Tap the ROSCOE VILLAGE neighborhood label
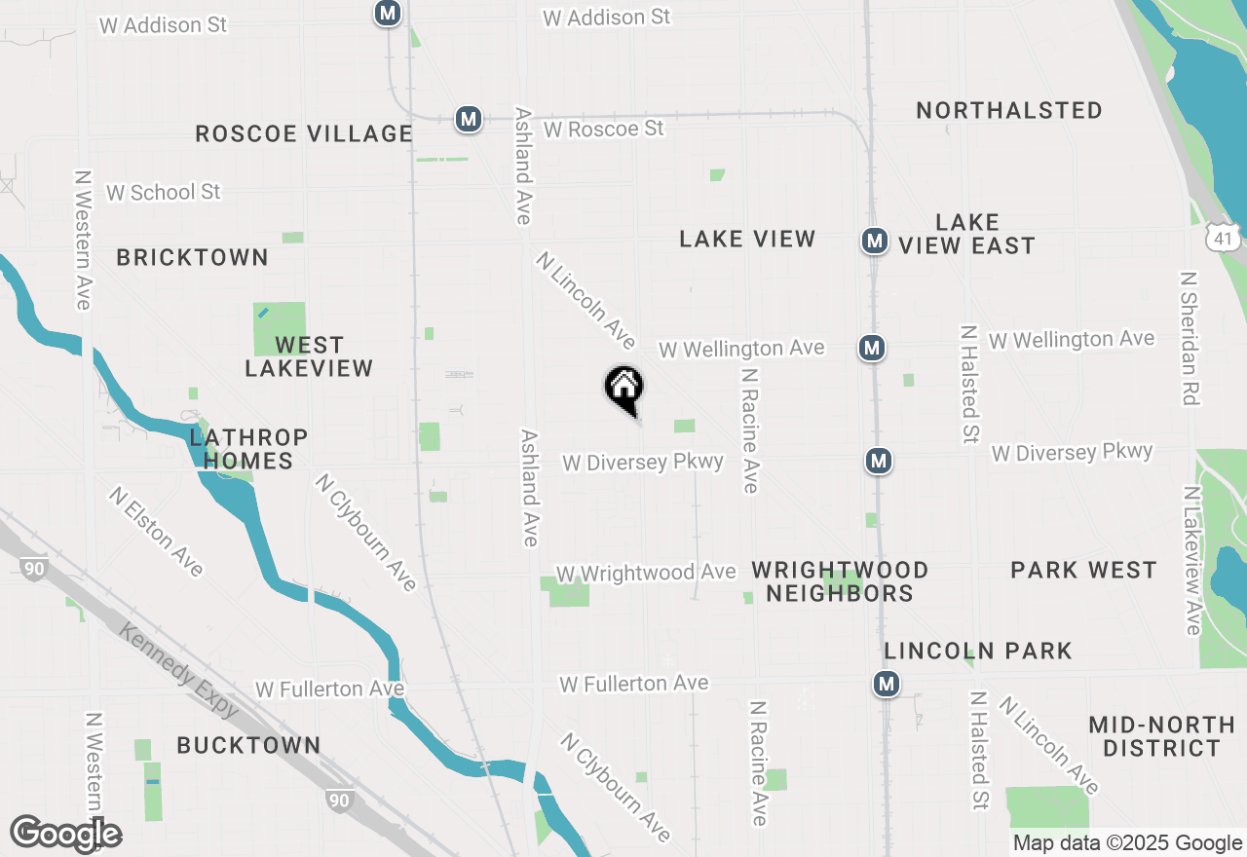(x=304, y=134)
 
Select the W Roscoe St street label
(x=604, y=129)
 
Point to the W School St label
(x=164, y=192)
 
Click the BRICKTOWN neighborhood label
(x=192, y=257)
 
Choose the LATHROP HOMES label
(x=249, y=449)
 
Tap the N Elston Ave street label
(x=156, y=531)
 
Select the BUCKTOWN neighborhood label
(x=248, y=745)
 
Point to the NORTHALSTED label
(x=1009, y=110)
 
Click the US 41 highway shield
(x=1223, y=237)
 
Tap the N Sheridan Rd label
(x=1189, y=338)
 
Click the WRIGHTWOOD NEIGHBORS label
(x=840, y=581)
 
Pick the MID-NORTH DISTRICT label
(x=1161, y=736)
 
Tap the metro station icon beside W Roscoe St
(x=469, y=119)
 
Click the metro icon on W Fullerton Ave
(x=886, y=685)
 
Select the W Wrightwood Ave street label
(x=645, y=573)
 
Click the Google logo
(x=65, y=834)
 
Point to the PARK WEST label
(x=1083, y=570)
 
